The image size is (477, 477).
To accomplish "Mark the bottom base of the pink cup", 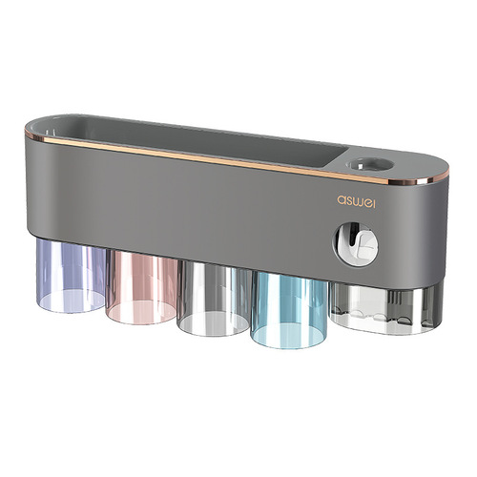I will pos(140,315).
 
